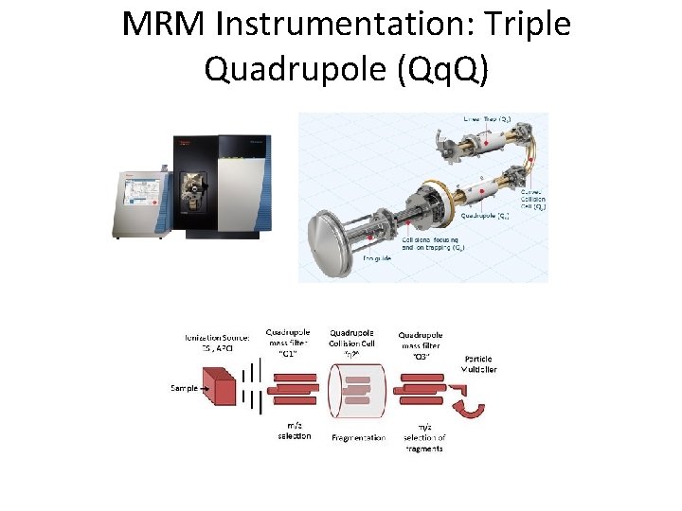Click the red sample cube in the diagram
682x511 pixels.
[224, 388]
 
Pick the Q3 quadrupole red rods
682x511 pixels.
[423, 388]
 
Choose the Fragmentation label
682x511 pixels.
[358, 438]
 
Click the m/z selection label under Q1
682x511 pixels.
[294, 431]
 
